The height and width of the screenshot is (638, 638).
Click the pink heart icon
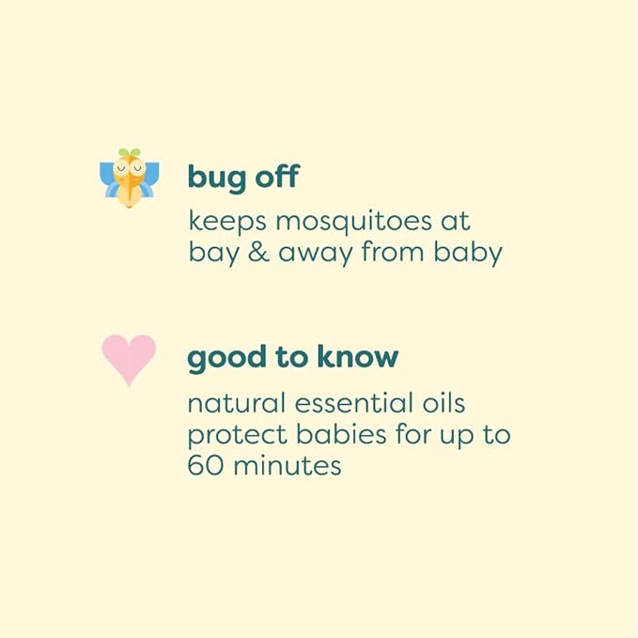[129, 360]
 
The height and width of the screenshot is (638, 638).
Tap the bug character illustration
[129, 179]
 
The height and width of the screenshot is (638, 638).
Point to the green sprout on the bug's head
[129, 152]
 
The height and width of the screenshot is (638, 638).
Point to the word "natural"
[236, 404]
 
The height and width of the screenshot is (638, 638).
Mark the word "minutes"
[287, 465]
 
